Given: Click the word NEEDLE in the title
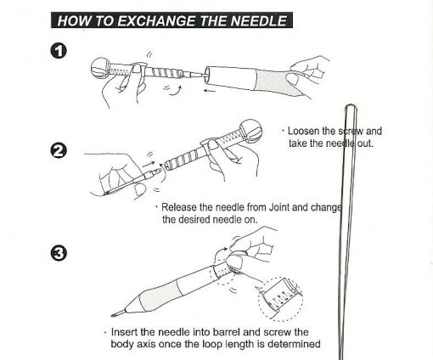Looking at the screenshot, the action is click(259, 20).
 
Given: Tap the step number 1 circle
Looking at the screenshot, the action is click(59, 51).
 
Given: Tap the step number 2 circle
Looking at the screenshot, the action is click(59, 151).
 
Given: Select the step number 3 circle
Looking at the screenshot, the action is click(59, 253).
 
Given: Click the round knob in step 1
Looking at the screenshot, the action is click(100, 68).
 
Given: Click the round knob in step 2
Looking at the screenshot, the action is click(250, 132).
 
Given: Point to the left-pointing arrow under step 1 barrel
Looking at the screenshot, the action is click(210, 91).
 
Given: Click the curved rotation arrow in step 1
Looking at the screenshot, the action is click(176, 91).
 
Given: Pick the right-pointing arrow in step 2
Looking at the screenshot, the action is click(149, 164).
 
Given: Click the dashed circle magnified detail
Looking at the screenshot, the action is click(280, 299).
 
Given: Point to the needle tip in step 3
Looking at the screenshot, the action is click(113, 315).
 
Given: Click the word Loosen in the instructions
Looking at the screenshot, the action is click(303, 131).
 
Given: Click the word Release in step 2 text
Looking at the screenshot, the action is click(179, 207).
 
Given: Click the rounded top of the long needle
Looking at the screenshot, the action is click(351, 107).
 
